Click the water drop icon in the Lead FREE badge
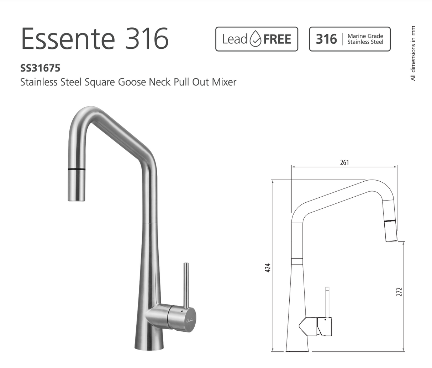click(255, 39)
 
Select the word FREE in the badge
click(277, 39)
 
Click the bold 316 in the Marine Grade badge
click(326, 39)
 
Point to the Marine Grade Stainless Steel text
click(365, 39)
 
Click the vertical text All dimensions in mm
click(413, 53)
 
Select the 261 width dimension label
click(344, 162)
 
